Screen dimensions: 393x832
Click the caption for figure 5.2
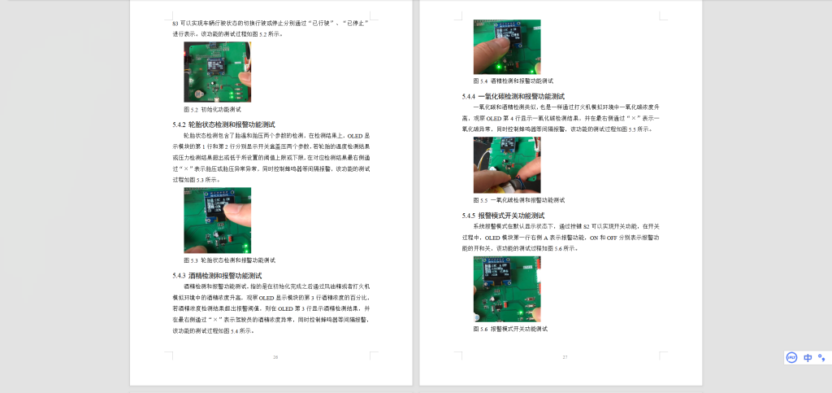click(x=211, y=109)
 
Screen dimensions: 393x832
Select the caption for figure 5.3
click(x=229, y=260)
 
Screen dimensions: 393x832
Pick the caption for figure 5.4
click(x=513, y=81)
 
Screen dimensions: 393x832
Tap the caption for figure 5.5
click(x=518, y=200)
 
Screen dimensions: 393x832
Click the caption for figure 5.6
click(x=510, y=329)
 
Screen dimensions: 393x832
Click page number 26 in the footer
click(x=275, y=357)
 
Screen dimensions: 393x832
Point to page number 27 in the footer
click(x=565, y=357)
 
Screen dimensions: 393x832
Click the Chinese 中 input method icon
click(x=808, y=357)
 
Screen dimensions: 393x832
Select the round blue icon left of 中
click(x=791, y=357)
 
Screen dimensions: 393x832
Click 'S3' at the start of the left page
click(x=176, y=24)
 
